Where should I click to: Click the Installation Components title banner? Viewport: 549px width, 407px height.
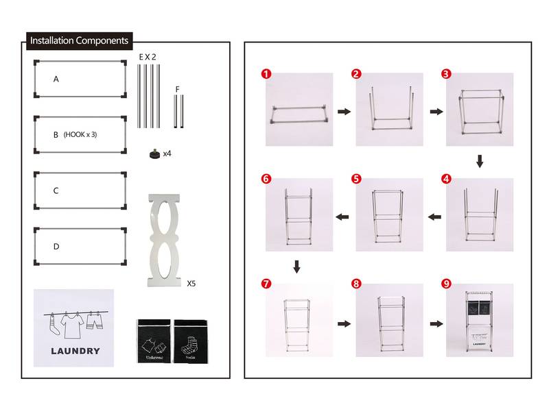pos(79,41)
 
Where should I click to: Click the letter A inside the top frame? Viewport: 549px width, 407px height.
pos(56,79)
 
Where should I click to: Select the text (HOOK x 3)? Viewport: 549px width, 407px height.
pos(80,135)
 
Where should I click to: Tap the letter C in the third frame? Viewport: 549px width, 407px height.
pos(56,190)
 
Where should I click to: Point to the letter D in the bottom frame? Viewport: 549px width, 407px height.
pos(56,246)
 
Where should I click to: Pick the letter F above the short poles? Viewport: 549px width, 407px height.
pos(178,89)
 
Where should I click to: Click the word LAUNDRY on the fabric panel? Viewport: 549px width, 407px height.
pos(75,351)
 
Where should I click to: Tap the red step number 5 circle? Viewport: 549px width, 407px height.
pos(355,179)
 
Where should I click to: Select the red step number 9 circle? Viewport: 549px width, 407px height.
pos(446,284)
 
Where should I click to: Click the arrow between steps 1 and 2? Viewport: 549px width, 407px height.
pos(344,111)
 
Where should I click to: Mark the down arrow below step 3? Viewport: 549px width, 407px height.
pos(480,162)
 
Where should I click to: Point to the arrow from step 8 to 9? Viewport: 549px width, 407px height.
pos(435,323)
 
